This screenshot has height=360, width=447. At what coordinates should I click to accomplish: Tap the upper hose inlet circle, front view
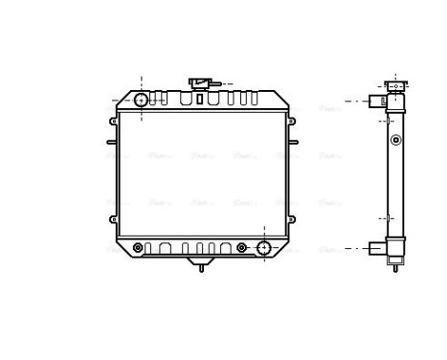coord(141,99)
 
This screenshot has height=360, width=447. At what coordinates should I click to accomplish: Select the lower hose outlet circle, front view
coord(265,248)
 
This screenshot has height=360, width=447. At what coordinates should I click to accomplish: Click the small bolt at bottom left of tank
coord(137,248)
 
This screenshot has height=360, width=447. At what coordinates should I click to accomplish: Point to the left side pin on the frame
coord(110,144)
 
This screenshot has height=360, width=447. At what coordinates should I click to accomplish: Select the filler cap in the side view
coord(394,84)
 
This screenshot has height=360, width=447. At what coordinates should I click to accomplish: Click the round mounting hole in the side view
coord(395,141)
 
